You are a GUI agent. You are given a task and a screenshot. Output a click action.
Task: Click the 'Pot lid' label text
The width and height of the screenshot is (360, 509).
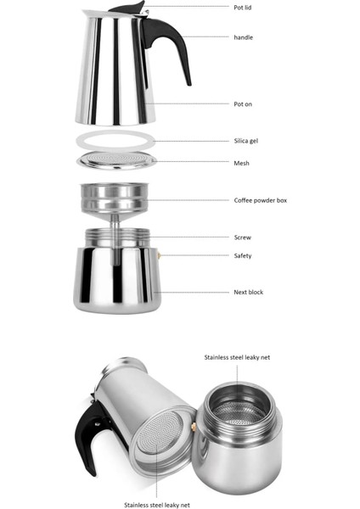pos(244,7)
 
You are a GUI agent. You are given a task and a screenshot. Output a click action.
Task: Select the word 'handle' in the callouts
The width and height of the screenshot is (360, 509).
pos(244,37)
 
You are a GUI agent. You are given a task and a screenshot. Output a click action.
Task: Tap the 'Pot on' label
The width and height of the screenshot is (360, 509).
pos(243,103)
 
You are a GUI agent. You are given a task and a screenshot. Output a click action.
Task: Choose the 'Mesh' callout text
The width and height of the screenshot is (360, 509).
pos(241,163)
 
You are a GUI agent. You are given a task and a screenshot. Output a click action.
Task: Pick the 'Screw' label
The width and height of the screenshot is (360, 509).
pos(242,238)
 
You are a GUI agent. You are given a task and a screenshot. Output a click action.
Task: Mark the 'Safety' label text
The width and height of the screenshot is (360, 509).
pos(243,255)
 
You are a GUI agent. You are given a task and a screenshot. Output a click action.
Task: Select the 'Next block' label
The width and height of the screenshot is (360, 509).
pos(248,292)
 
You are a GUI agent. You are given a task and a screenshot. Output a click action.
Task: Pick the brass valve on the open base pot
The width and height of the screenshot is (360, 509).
pos(194,426)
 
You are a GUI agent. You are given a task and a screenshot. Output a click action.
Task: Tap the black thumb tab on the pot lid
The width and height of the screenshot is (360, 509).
pos(135,7)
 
